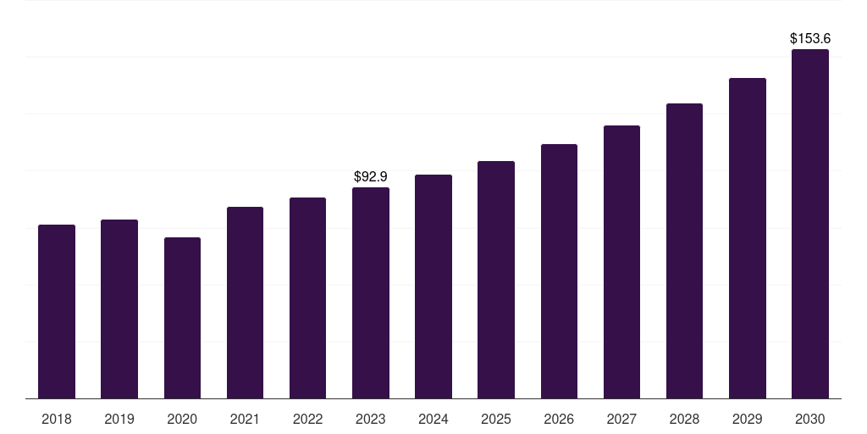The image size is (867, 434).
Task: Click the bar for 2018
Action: pyautogui.click(x=57, y=312)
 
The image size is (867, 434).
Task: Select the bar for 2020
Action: pyautogui.click(x=183, y=318)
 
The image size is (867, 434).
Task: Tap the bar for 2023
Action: pyautogui.click(x=371, y=292)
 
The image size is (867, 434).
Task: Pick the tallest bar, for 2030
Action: pyautogui.click(x=810, y=224)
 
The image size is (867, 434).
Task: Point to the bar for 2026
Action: pyautogui.click(x=559, y=271)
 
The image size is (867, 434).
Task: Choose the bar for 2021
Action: pyautogui.click(x=245, y=303)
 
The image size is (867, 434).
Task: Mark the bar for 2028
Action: pyautogui.click(x=684, y=251)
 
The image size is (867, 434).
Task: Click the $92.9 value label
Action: pyautogui.click(x=371, y=176)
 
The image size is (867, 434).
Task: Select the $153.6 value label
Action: pyautogui.click(x=810, y=38)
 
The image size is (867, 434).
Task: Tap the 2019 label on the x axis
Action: pyautogui.click(x=119, y=419)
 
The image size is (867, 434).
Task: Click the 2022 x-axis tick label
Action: pyautogui.click(x=307, y=419)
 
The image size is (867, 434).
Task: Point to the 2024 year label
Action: pyautogui.click(x=433, y=419)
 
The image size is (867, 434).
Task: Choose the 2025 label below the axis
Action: pyautogui.click(x=496, y=419)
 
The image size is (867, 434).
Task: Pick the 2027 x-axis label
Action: pyautogui.click(x=621, y=419)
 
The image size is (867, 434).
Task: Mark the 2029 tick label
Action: pyautogui.click(x=747, y=419)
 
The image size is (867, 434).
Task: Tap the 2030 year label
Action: pyautogui.click(x=810, y=419)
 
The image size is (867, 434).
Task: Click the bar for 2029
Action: pyautogui.click(x=748, y=238)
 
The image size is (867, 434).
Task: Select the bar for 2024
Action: pyautogui.click(x=433, y=287)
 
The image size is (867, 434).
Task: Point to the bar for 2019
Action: pyautogui.click(x=119, y=309)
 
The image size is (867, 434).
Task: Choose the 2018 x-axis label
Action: pyautogui.click(x=57, y=419)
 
